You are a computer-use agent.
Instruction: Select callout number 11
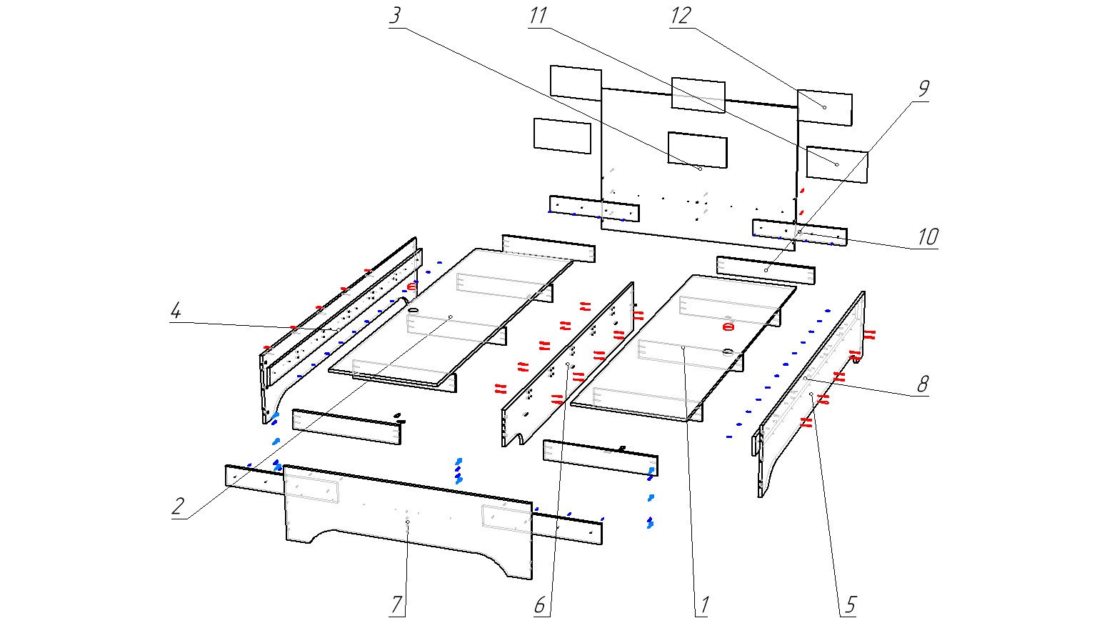point(537,16)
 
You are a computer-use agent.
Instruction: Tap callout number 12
point(681,16)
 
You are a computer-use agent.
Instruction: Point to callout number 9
point(923,89)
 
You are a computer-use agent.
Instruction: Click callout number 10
point(927,236)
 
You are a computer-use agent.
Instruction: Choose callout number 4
point(176,311)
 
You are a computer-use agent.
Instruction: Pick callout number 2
point(178,507)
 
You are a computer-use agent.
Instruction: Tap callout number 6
point(541,605)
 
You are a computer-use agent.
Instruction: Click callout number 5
point(850,605)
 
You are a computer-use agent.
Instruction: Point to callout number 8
point(923,384)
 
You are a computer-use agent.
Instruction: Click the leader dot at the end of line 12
point(825,107)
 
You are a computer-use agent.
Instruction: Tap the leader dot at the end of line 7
point(407,522)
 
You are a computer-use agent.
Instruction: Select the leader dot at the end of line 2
point(451,317)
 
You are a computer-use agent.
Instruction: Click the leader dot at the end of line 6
point(568,364)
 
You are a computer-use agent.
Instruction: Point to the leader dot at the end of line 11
point(837,164)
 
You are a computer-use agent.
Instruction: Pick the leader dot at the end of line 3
point(701,169)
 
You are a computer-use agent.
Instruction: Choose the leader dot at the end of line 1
point(683,347)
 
